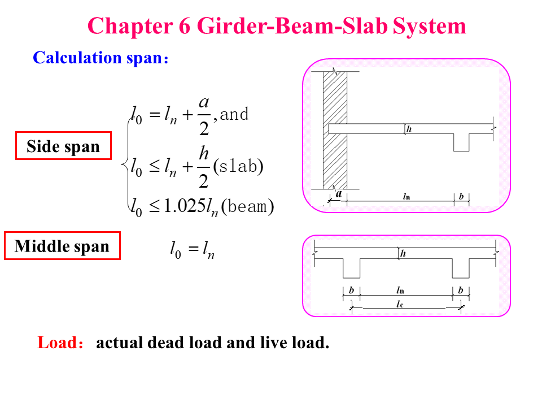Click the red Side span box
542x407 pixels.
tap(63, 147)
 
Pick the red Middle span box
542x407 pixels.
tap(62, 246)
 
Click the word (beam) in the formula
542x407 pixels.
tap(247, 207)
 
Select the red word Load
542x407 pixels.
tap(57, 343)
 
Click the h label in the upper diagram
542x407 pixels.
tap(409, 129)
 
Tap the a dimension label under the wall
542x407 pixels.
tap(338, 194)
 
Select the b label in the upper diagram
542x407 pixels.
tap(461, 196)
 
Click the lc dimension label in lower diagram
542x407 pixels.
tap(400, 304)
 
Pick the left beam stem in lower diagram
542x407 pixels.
tap(351, 269)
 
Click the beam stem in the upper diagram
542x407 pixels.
tap(461, 142)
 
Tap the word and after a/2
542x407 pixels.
tap(234, 114)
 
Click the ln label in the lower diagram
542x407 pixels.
tap(400, 290)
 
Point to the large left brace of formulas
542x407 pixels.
tap(125, 164)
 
